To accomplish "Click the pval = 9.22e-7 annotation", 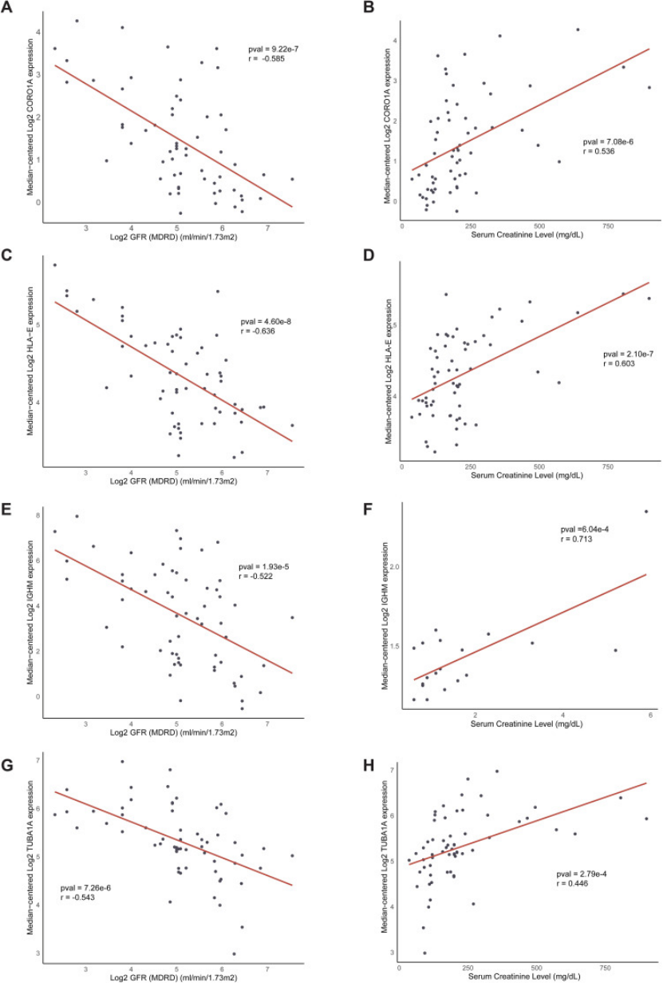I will pyautogui.click(x=273, y=50).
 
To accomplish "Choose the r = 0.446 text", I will pyautogui.click(x=574, y=884).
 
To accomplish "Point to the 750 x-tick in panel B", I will pyautogui.click(x=606, y=226).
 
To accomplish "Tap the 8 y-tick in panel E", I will pyautogui.click(x=37, y=516).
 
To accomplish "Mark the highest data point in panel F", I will pyautogui.click(x=645, y=511).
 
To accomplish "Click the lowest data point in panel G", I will pyautogui.click(x=234, y=953).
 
